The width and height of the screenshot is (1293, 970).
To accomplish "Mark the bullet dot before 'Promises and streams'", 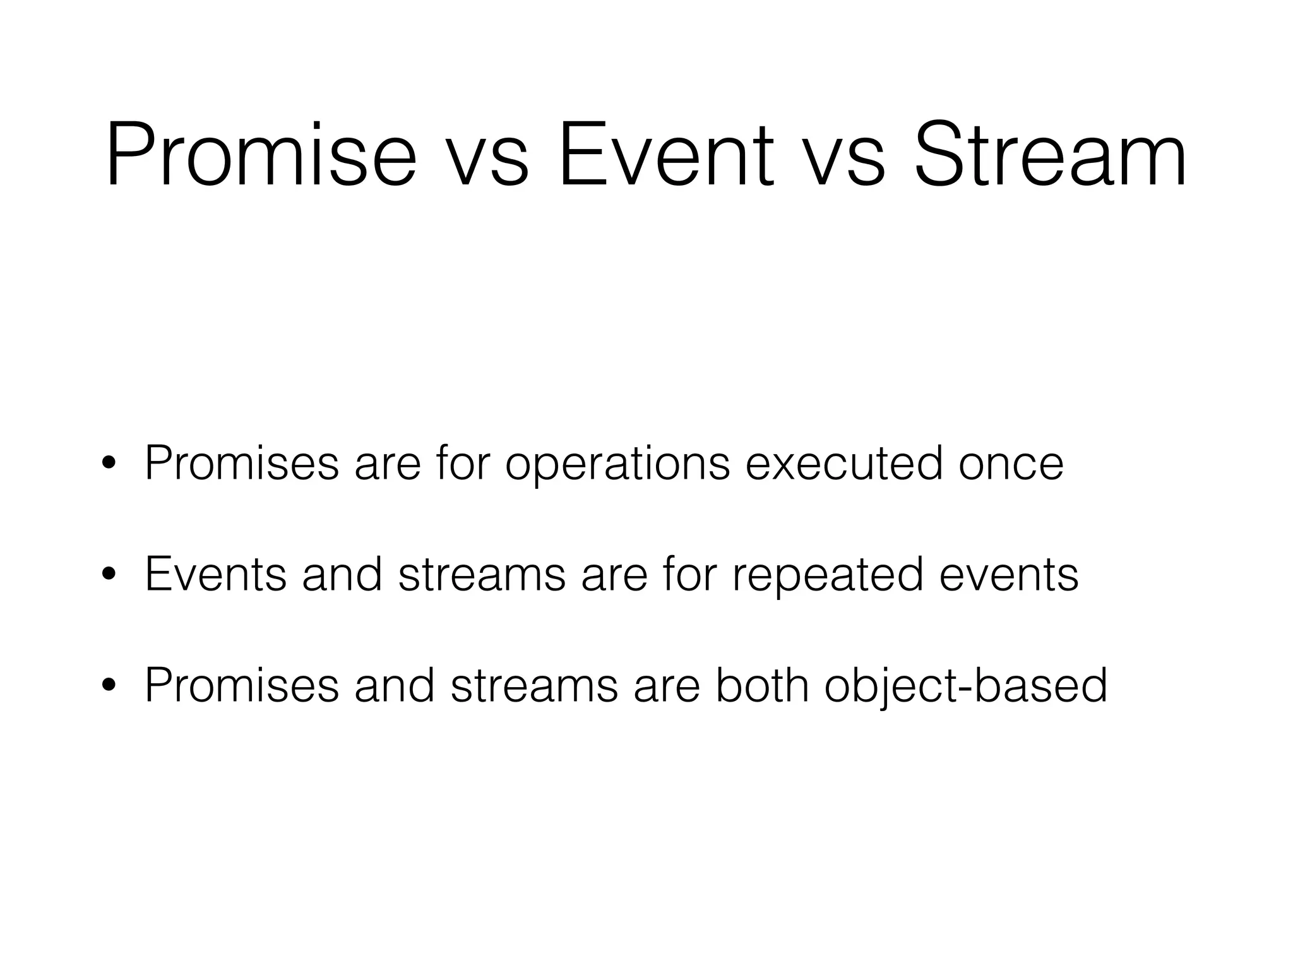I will pos(109,687).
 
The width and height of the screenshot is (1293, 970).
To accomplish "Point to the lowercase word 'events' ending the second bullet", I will pos(1009,576).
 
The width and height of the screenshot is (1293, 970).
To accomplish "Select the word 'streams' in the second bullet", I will pos(482,575).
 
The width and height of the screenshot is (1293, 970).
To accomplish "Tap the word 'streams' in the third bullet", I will pos(534,686).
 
